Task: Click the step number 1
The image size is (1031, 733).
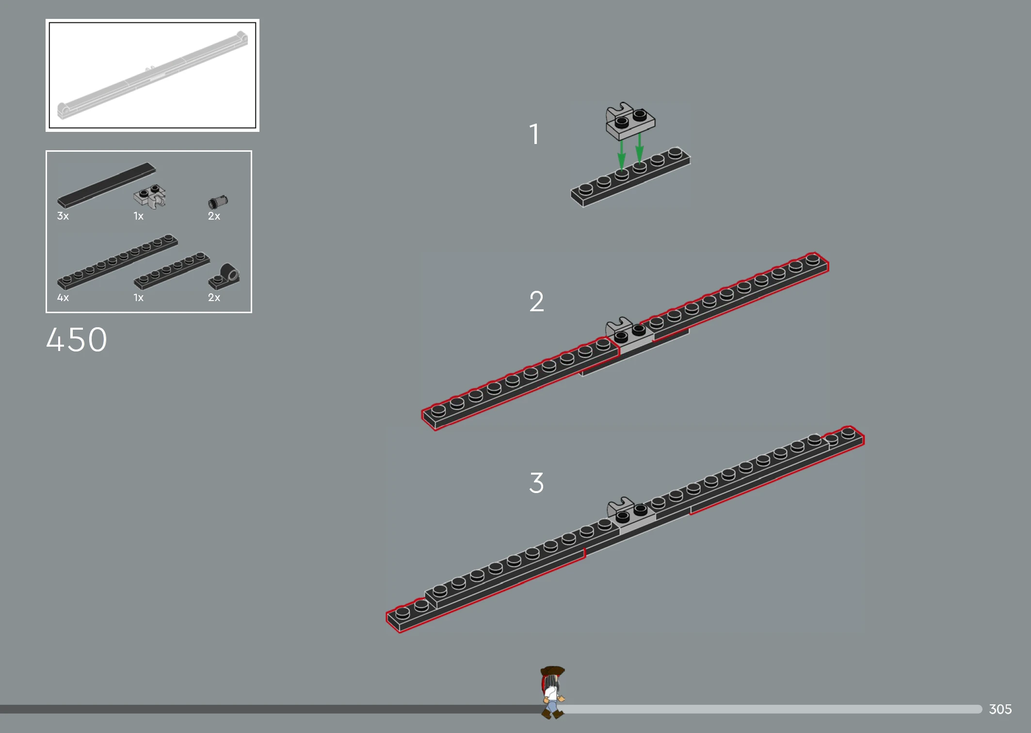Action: click(534, 134)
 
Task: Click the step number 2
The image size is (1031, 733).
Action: click(536, 302)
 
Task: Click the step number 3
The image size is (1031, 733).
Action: click(536, 483)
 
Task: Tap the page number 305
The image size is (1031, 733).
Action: click(1000, 709)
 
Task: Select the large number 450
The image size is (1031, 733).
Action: click(77, 339)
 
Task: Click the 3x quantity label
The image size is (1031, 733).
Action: click(63, 216)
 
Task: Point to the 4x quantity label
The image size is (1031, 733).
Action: click(63, 297)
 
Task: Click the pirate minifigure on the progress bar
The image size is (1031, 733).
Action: click(552, 692)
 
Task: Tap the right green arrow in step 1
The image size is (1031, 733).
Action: click(640, 148)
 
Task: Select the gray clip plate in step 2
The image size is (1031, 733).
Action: click(629, 334)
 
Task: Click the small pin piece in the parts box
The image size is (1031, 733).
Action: click(218, 201)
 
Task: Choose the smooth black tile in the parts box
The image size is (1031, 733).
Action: click(106, 185)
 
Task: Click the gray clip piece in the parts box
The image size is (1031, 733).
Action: click(150, 196)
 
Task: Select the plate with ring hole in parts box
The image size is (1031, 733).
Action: click(224, 276)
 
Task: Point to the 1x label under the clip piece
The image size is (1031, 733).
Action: click(139, 216)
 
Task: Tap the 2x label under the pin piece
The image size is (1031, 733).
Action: click(214, 216)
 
